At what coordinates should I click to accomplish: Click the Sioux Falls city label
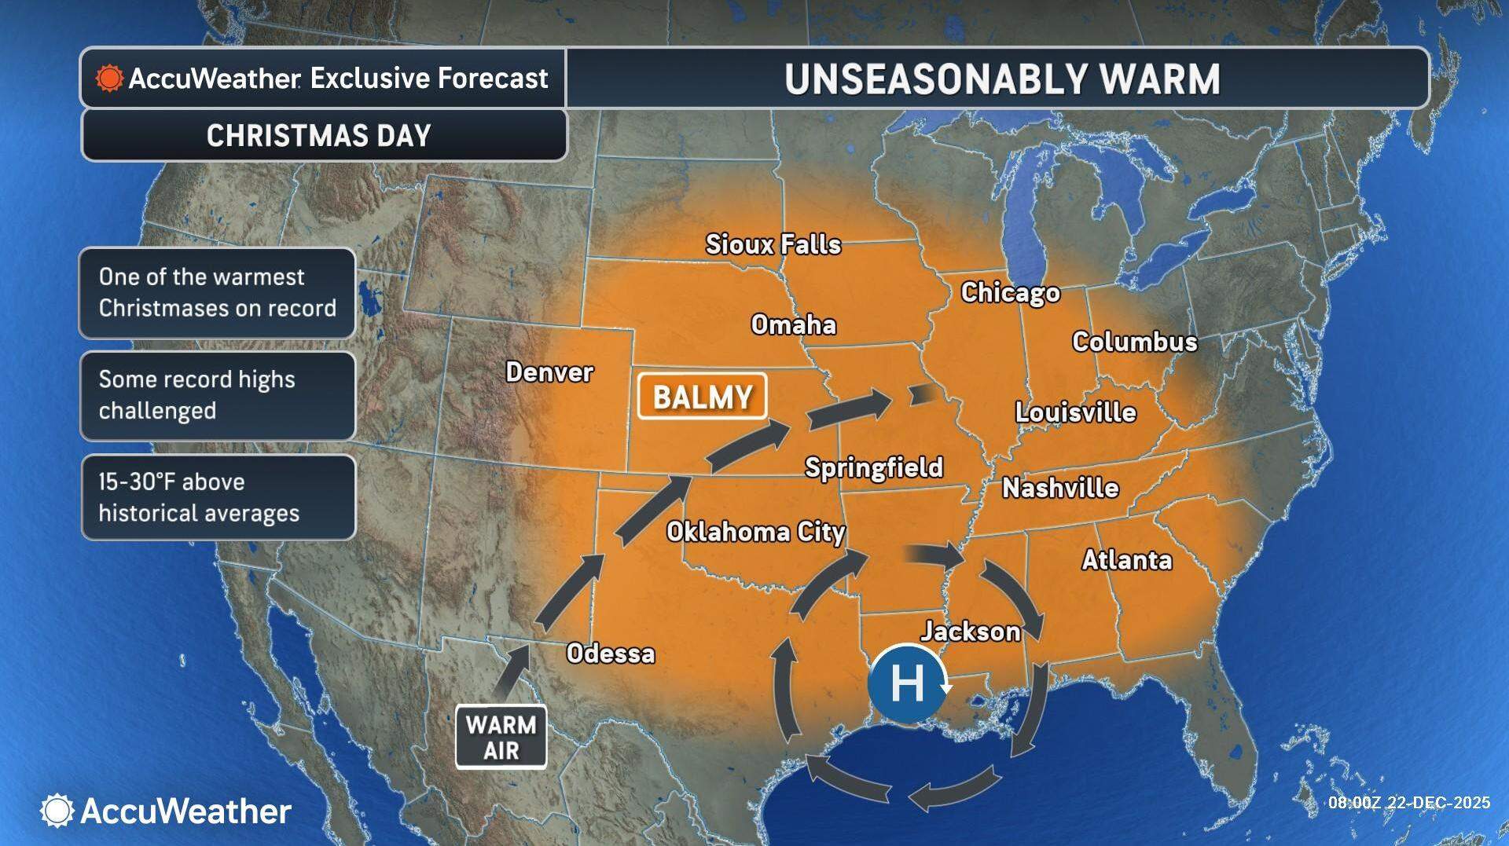pos(773,244)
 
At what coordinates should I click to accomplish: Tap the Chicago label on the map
pos(1010,293)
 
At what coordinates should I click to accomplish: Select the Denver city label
pos(549,372)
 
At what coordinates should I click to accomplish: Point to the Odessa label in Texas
pos(611,654)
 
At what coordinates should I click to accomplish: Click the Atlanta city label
pos(1126,560)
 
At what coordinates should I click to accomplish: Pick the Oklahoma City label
pos(755,533)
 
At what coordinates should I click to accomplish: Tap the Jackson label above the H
pos(970,632)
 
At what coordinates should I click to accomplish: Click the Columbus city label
pos(1134,342)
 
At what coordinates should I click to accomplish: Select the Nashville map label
pos(1059,489)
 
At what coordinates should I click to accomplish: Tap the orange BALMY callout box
pos(702,397)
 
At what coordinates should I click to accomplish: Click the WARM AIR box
pos(501,737)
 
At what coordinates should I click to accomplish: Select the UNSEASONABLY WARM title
pos(1002,79)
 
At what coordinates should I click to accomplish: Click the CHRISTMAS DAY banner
pos(319,136)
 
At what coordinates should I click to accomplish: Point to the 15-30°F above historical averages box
pos(218,497)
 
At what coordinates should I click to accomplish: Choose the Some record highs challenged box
pos(218,395)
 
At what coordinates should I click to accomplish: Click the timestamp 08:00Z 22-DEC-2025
pos(1408,803)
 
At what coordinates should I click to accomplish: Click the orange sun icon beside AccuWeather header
pos(109,79)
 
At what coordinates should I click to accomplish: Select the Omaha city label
pos(793,325)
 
